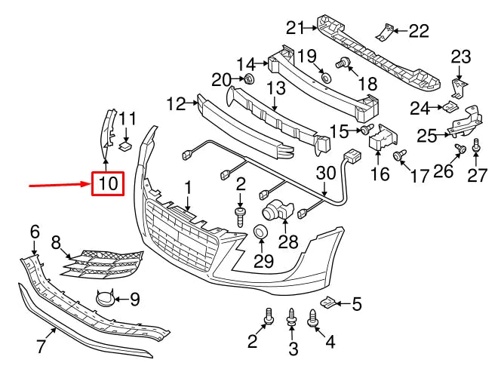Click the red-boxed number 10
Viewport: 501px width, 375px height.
[106, 183]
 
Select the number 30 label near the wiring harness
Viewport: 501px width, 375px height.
[326, 174]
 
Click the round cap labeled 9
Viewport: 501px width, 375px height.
[104, 300]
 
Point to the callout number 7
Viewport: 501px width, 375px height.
[41, 346]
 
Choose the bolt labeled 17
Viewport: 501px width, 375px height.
[397, 156]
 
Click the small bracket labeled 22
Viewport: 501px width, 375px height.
[388, 32]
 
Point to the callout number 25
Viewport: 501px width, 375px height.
[427, 135]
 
